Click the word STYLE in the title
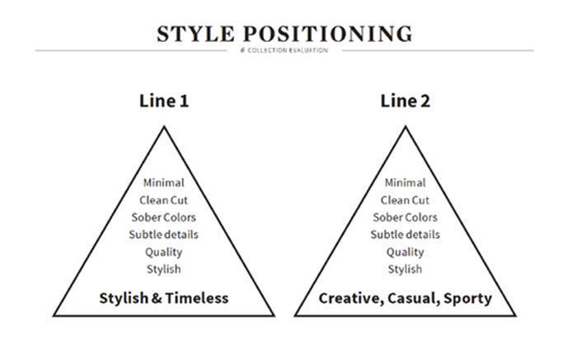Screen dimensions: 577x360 pos(195,34)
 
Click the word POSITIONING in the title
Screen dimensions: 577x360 pos(328,34)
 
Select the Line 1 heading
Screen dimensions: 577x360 pos(164,101)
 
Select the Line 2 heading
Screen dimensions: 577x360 pos(406,101)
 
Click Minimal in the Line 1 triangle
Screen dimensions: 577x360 pos(164,182)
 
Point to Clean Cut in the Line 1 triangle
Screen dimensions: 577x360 pos(164,200)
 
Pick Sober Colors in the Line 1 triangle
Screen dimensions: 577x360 pos(164,217)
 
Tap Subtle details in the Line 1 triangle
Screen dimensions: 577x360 pos(164,235)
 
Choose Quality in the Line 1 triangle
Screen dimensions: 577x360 pos(164,252)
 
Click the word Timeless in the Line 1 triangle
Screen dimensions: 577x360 pos(197,298)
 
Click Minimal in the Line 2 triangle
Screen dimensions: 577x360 pos(406,182)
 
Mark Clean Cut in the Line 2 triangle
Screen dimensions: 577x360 pos(406,200)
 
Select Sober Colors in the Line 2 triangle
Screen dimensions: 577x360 pos(406,217)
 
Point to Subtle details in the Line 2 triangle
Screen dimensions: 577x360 pos(406,235)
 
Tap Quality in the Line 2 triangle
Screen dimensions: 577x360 pos(406,252)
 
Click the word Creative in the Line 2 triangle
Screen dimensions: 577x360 pos(351,298)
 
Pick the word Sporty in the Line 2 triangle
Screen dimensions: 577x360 pos(467,298)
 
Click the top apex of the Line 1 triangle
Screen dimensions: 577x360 pos(164,127)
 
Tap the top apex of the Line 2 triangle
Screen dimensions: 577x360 pos(406,127)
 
